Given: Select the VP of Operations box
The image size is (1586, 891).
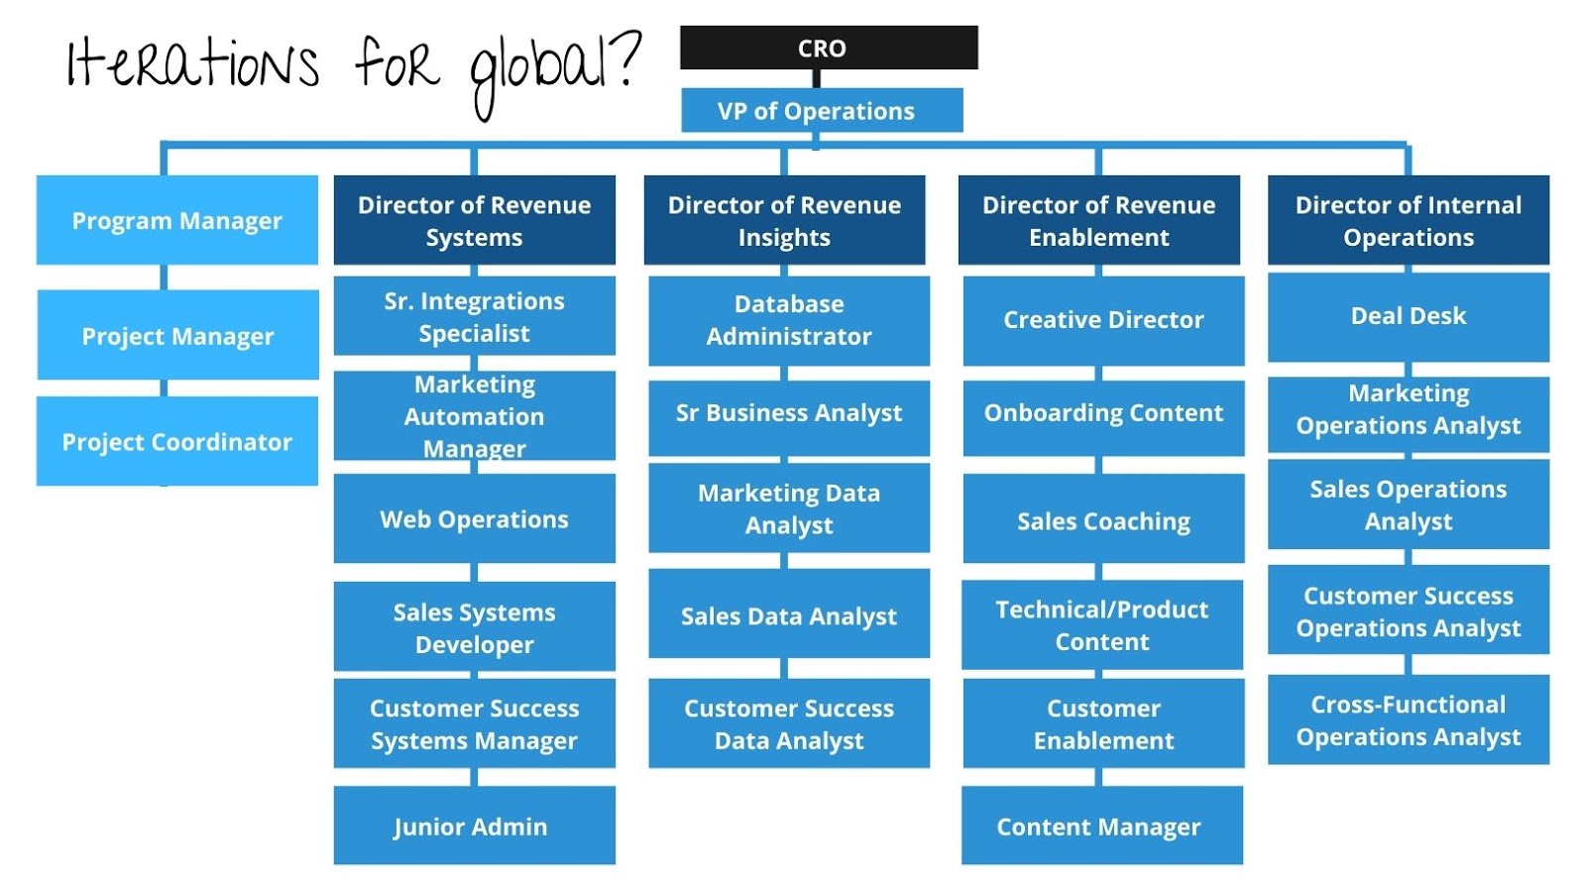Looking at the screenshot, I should (x=822, y=110).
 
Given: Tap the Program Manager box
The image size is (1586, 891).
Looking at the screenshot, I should (x=177, y=220).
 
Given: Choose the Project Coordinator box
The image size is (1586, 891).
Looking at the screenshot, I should (x=177, y=441).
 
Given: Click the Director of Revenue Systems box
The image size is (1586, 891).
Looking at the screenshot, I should (x=474, y=220).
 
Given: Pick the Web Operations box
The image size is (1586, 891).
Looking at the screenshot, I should (x=474, y=518).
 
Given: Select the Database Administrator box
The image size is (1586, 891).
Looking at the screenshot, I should (x=789, y=320).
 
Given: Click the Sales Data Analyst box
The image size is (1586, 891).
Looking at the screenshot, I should (x=789, y=614).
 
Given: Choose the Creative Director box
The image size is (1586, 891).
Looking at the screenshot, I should (x=1103, y=320).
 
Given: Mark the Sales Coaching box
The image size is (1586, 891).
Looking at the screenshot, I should (x=1103, y=519).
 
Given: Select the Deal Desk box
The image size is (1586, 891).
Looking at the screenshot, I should (x=1408, y=316).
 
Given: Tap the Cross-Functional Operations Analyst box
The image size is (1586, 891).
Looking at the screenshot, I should (x=1408, y=721).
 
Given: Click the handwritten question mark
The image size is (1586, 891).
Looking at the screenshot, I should (x=626, y=59).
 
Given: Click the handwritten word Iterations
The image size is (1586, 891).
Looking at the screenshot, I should (x=193, y=63).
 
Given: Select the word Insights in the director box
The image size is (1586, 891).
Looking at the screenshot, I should (x=784, y=238).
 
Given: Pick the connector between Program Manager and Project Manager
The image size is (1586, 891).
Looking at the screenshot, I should (x=165, y=277).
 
